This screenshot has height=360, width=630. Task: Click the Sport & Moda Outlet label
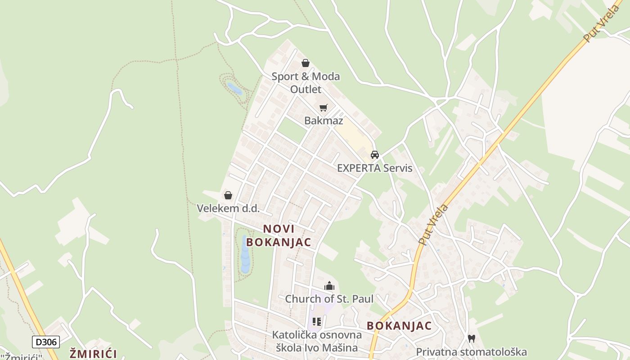tap(306, 82)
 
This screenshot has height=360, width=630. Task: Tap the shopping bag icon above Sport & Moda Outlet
tap(306, 63)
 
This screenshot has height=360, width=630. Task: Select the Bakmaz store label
tap(324, 121)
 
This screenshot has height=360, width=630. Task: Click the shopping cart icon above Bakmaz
tap(323, 108)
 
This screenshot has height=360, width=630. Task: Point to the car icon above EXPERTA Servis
tap(374, 155)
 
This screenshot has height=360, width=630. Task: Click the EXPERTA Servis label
tap(374, 168)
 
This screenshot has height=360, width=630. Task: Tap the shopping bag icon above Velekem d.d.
tap(228, 195)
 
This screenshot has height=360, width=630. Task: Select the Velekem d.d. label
tap(228, 208)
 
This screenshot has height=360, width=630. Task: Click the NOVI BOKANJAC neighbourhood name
tap(279, 235)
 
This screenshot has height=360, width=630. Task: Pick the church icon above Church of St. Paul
tap(329, 286)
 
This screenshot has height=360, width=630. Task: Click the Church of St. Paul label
tap(329, 299)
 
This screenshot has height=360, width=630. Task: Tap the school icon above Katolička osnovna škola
tap(317, 321)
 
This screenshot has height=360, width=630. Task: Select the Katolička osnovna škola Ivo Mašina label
tap(317, 341)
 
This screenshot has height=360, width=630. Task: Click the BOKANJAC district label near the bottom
tap(399, 326)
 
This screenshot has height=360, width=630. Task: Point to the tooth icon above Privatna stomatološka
tap(471, 338)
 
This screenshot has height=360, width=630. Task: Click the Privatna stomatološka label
tap(471, 352)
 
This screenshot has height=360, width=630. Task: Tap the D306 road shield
tap(46, 342)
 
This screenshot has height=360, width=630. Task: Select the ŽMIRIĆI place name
tap(93, 354)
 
